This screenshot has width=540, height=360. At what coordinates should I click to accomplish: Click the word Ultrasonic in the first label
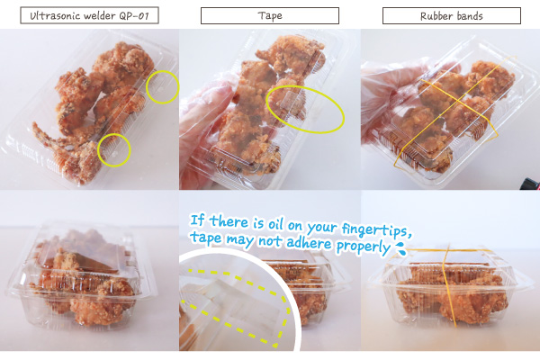(51, 16)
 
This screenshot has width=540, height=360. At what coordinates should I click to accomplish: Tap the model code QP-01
(134, 16)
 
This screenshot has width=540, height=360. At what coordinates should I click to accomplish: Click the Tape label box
(270, 16)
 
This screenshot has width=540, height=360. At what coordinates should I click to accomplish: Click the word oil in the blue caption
(275, 224)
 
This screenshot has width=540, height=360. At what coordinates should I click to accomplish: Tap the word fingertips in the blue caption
(376, 229)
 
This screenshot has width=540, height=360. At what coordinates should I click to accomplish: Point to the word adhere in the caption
(309, 243)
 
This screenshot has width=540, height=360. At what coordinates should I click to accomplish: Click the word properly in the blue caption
(363, 247)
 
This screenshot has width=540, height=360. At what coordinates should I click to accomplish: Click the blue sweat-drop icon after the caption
(400, 249)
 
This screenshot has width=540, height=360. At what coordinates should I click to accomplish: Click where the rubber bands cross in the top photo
(458, 101)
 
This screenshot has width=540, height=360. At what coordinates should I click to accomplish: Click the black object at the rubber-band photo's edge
(532, 183)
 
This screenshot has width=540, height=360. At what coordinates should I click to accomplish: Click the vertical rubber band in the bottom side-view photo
(451, 286)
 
